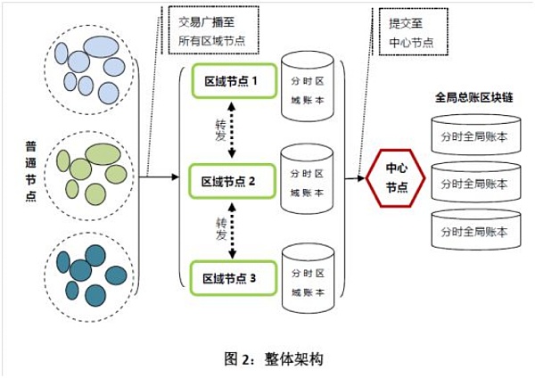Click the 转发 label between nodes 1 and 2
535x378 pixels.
(221, 130)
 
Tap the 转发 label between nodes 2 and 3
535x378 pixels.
(221, 228)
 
